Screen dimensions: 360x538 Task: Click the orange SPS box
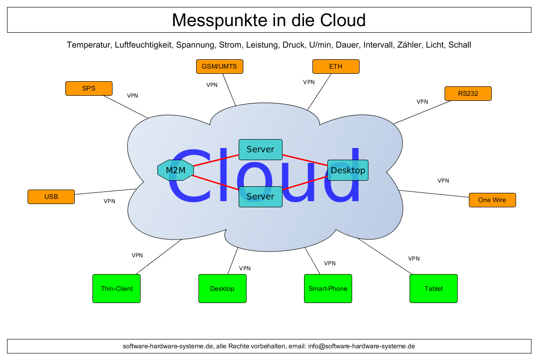pos(89,88)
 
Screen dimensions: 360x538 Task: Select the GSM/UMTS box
pos(219,66)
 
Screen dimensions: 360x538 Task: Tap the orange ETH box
pos(336,66)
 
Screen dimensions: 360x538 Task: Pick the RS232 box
pos(468,93)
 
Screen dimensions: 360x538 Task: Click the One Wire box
pos(492,200)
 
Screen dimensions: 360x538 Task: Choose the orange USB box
pos(51,197)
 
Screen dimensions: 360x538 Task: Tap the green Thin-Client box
pos(117,289)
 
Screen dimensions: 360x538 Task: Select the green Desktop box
pos(222,289)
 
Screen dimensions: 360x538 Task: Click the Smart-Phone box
pos(328,289)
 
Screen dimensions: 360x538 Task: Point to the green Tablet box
pos(433,289)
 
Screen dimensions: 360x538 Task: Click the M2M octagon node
pos(176,170)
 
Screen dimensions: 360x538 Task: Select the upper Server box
pos(260,149)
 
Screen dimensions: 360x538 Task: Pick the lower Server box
pos(260,197)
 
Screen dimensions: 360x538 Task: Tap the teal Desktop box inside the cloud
pos(348,170)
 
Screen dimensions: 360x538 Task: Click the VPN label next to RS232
pos(422,101)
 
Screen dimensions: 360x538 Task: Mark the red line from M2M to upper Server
pos(216,160)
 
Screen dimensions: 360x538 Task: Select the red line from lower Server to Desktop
pos(304,183)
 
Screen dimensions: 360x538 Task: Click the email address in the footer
pos(361,346)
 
